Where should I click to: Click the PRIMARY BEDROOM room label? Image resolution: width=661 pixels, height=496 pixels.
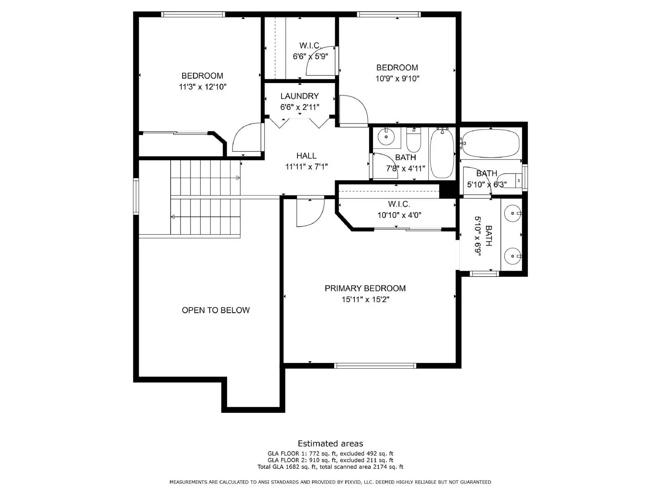(365, 288)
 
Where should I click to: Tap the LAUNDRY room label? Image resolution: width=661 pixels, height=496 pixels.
(300, 96)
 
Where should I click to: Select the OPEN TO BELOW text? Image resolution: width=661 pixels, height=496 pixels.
(216, 310)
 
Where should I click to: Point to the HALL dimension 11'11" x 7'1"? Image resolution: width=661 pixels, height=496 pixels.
(306, 167)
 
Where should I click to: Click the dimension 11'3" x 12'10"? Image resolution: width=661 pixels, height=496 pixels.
(202, 87)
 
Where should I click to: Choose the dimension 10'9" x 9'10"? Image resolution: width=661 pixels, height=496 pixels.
(397, 79)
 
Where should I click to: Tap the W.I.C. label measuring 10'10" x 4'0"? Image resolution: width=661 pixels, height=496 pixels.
(399, 204)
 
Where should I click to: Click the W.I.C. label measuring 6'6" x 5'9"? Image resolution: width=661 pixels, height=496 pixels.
(310, 45)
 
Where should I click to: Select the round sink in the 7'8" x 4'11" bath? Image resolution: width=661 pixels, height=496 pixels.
(387, 137)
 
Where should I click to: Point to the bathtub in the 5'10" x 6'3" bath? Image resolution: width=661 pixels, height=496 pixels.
(490, 143)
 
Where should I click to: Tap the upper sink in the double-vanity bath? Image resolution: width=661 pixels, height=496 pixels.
(513, 213)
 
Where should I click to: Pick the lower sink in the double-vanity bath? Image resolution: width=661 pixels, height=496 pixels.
(513, 256)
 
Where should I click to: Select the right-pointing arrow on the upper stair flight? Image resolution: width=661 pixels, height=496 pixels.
(238, 178)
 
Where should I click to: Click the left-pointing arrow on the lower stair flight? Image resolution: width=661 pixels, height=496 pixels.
(173, 217)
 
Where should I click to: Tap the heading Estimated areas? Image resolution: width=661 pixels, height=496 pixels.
(330, 444)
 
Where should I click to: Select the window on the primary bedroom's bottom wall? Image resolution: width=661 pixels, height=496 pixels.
(375, 365)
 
